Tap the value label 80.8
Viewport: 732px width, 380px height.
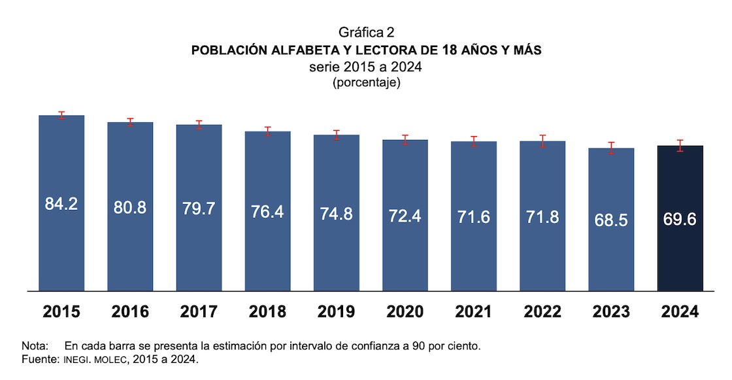coord(130,208)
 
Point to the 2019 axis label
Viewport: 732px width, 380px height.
coord(336,312)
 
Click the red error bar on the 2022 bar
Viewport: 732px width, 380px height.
coord(542,141)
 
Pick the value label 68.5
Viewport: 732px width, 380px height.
coord(611,220)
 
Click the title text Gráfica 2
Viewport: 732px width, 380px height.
coord(366,33)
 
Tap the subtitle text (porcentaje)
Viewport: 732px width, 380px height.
coord(366,83)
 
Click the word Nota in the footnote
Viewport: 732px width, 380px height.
coord(34,346)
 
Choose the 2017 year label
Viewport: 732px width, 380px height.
coord(199,312)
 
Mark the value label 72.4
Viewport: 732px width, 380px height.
coord(405,215)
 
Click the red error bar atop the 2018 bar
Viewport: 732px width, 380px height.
coord(267,131)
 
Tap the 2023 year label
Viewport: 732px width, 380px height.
coord(611,312)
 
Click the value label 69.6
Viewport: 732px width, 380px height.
coord(680,218)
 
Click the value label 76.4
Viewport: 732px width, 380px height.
coord(267,211)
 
